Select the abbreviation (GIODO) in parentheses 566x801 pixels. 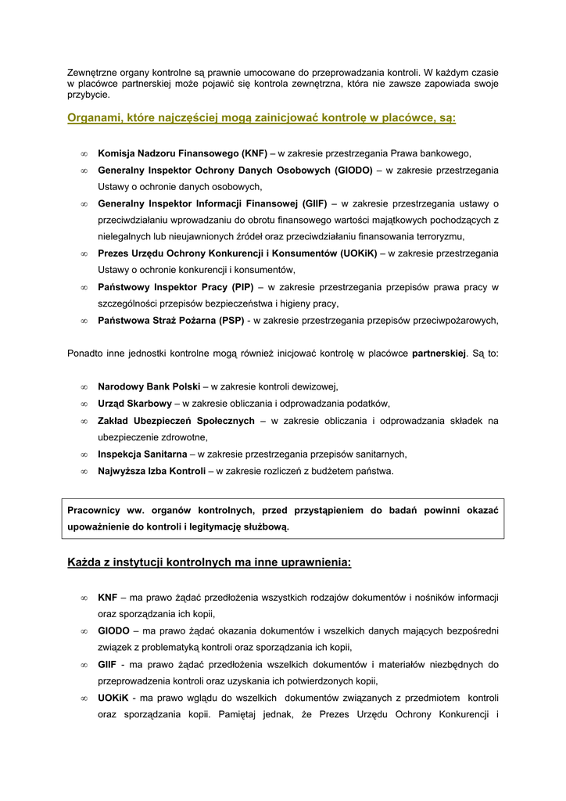point(353,170)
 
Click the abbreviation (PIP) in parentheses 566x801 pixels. point(235,287)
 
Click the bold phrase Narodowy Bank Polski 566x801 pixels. point(149,386)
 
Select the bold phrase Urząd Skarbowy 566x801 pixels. point(134,404)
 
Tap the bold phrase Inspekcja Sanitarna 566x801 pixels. point(142,454)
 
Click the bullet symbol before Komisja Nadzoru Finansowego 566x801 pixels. point(83,153)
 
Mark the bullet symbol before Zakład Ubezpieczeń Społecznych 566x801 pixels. point(83,421)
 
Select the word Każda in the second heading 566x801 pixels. point(85,562)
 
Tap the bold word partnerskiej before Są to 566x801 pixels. point(439,354)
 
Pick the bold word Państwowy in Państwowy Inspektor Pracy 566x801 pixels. point(124,287)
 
